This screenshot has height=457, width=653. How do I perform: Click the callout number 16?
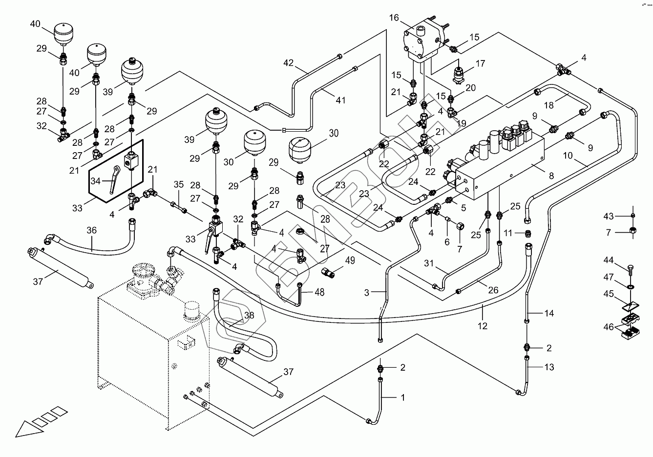click(394, 18)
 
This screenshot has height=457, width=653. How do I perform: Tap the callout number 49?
click(350, 261)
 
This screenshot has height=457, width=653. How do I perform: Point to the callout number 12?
click(483, 326)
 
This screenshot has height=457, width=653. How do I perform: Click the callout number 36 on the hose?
click(92, 231)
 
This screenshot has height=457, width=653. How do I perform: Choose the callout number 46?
click(609, 327)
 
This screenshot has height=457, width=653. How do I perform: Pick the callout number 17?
click(480, 63)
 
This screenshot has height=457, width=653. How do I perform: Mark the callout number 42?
click(289, 62)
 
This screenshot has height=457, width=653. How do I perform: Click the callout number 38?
click(249, 316)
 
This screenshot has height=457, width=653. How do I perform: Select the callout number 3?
click(367, 293)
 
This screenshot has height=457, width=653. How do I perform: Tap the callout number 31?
click(428, 263)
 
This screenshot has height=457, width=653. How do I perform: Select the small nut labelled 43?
click(633, 216)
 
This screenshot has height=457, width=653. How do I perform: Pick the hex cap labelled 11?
click(527, 234)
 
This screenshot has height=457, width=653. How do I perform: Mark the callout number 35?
click(178, 185)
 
